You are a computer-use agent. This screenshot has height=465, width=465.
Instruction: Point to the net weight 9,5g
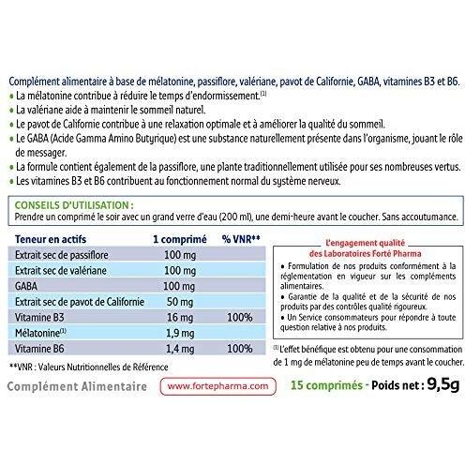[x=430, y=383]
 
